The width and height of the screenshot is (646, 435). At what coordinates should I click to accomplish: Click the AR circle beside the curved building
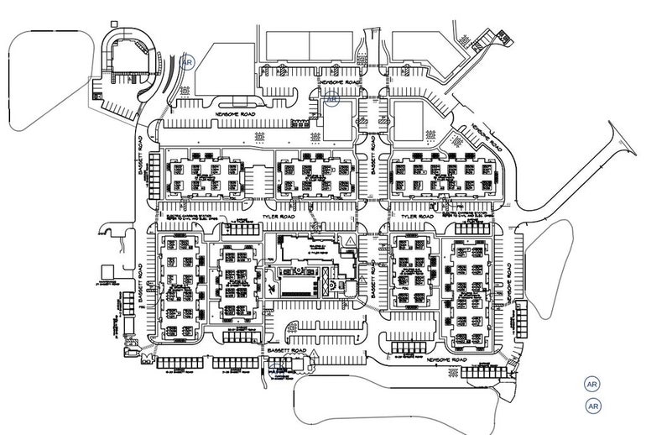[x=187, y=61]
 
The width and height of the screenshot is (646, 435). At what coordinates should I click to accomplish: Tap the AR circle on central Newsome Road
[x=332, y=99]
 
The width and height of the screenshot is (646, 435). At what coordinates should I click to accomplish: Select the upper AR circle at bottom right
[x=592, y=383]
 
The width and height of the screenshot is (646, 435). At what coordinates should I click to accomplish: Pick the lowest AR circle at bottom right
[x=592, y=406]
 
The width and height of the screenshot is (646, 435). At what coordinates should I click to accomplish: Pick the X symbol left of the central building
[x=275, y=287]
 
